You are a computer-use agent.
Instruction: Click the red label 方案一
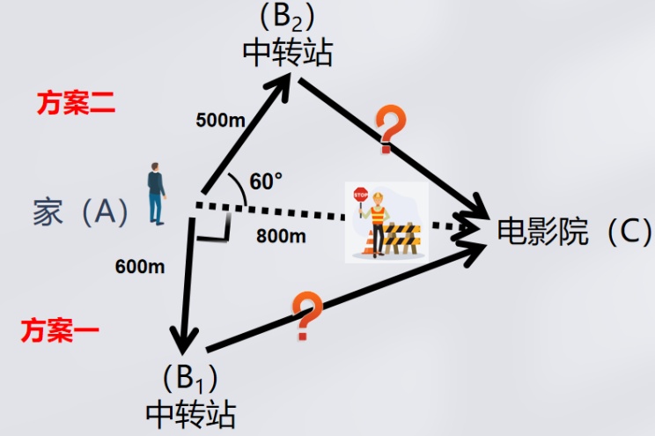point(60,331)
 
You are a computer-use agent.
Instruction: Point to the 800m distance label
point(281,235)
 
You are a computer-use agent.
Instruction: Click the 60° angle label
point(266,181)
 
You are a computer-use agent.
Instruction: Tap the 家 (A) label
point(80,211)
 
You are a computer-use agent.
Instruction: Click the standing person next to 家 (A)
point(157,193)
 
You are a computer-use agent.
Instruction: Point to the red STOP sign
point(360,195)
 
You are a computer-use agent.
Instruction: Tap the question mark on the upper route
point(388,127)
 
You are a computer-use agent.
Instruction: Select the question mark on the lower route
point(305,317)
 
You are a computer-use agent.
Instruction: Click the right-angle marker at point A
point(216,226)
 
